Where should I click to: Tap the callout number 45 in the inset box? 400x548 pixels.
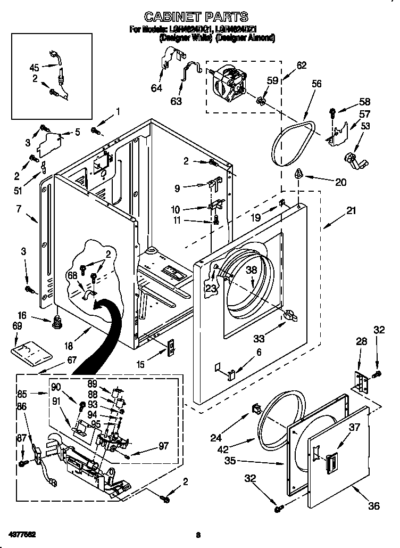34,68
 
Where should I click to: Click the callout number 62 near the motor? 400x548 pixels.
301,66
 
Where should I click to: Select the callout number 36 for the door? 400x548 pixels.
373,505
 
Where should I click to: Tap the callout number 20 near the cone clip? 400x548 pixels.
340,182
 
